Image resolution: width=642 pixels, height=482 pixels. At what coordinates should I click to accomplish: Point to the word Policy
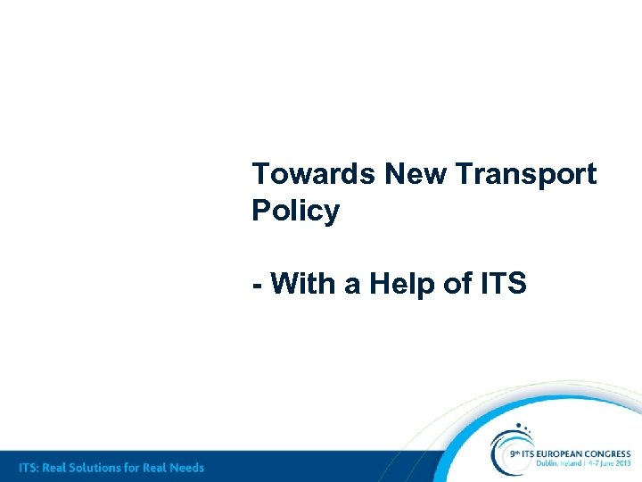[x=295, y=212]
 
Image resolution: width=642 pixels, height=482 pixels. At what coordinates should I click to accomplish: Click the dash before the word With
[x=257, y=286]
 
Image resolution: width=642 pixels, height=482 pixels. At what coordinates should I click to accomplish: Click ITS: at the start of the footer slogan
[x=31, y=467]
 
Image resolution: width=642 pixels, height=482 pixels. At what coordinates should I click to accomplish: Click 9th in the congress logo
[x=514, y=454]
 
